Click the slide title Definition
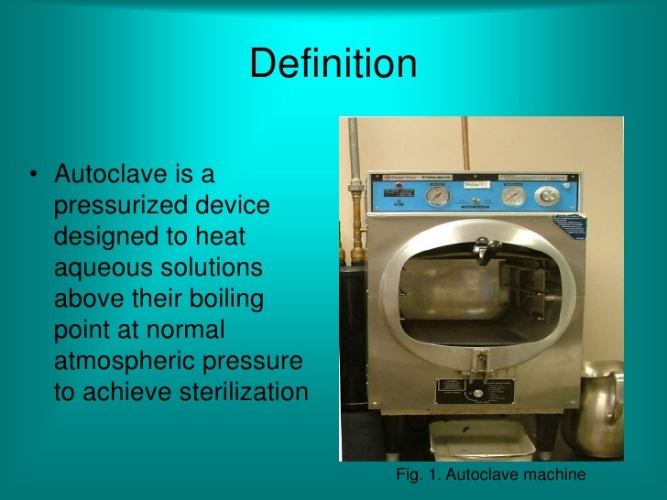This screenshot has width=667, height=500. click(x=333, y=64)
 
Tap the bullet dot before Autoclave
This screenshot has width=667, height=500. click(x=33, y=175)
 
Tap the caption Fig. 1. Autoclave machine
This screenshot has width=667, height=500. click(x=490, y=474)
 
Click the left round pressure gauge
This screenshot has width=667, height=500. click(x=438, y=196)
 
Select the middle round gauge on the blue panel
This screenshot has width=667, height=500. click(x=514, y=196)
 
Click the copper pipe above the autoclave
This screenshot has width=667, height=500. click(x=465, y=143)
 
